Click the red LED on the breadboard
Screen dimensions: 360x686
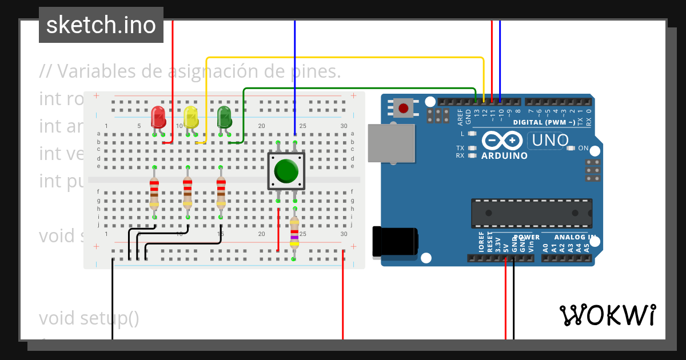pos(158,117)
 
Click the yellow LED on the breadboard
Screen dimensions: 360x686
pos(191,117)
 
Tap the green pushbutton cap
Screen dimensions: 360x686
pos(286,170)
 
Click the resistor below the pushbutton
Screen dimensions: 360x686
pos(294,234)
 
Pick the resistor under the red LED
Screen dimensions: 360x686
pos(154,192)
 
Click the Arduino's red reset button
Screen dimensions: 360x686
pos(404,107)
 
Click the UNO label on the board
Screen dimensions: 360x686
pos(548,140)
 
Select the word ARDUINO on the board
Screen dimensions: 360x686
pos(504,155)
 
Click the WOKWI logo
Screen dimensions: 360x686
pos(607,315)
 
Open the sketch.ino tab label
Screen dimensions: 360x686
pos(101,25)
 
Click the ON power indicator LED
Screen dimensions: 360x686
pos(570,149)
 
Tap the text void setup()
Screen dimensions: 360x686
pos(89,318)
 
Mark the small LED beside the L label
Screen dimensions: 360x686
pos(472,134)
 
